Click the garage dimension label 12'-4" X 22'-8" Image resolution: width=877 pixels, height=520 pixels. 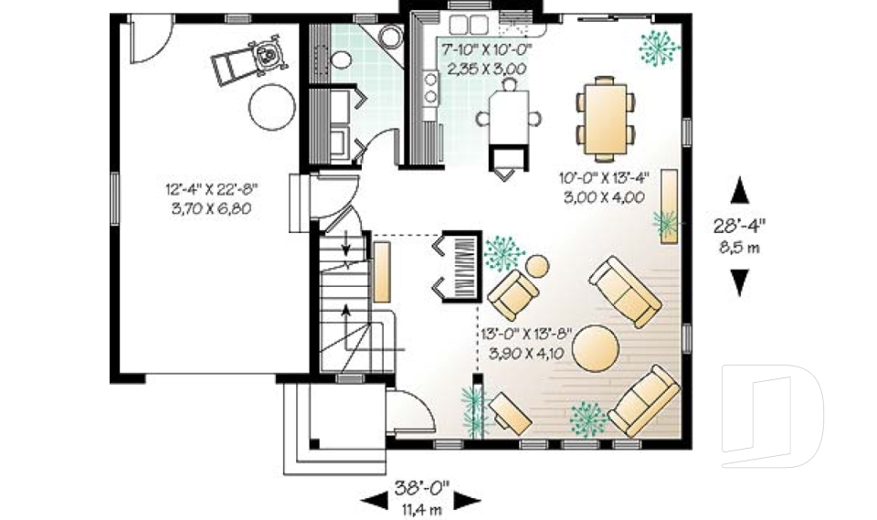coord(211,188)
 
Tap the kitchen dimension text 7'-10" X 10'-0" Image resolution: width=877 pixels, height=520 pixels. coord(486,49)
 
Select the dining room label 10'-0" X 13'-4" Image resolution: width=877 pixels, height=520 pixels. coord(604,178)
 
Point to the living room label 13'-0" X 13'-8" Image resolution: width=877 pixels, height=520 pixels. coord(526,334)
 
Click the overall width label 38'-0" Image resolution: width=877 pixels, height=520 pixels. coord(422,488)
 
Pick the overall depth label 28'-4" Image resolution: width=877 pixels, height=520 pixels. coord(739,225)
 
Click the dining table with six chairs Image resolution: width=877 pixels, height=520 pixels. coord(606,119)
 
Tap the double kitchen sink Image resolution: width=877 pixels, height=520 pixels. coord(469,25)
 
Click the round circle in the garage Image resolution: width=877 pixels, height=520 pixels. coord(272,107)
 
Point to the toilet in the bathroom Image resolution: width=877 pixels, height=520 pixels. coord(340,59)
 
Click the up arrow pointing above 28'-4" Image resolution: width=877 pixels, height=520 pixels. coord(739,190)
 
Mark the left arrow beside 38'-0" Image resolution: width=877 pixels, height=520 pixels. coord(375,500)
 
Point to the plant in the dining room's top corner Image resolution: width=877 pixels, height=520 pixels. coord(659,47)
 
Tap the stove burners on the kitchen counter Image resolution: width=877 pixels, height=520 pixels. coord(430,89)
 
